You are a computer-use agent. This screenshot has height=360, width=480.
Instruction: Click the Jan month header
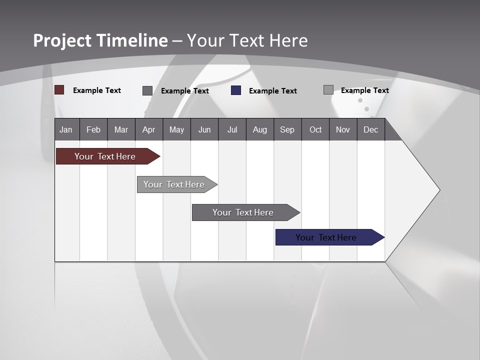click(x=66, y=129)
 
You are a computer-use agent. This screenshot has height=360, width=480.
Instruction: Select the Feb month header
click(x=93, y=129)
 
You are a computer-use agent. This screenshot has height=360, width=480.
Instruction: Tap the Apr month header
click(x=149, y=129)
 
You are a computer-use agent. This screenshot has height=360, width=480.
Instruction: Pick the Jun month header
click(x=204, y=129)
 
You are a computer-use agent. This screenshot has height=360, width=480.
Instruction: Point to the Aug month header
click(x=260, y=129)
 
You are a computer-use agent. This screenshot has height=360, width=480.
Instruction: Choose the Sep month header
click(x=287, y=129)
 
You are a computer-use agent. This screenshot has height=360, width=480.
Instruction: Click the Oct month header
click(x=315, y=129)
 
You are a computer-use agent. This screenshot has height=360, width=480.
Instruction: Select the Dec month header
click(x=371, y=129)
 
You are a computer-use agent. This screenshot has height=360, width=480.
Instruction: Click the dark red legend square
click(x=59, y=90)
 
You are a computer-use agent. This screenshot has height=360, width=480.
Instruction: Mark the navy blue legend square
click(x=236, y=90)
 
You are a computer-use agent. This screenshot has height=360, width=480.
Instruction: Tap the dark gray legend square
click(x=147, y=90)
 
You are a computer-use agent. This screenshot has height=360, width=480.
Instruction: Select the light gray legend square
click(x=328, y=90)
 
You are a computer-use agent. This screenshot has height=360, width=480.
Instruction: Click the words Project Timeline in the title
click(x=100, y=40)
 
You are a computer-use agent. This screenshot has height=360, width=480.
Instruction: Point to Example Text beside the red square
click(x=97, y=90)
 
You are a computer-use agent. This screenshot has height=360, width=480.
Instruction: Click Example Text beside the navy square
click(x=273, y=91)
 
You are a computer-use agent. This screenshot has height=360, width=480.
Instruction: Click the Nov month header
click(x=343, y=129)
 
